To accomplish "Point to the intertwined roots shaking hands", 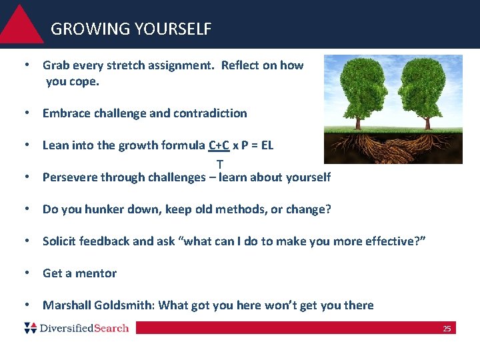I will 393,148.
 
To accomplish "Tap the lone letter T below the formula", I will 219,163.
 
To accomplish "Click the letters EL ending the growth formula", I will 267,145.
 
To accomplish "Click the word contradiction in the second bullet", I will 210,113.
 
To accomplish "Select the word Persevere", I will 68,177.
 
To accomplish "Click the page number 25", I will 447,329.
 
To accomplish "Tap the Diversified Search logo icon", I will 30,328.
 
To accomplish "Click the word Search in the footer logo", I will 110,328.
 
